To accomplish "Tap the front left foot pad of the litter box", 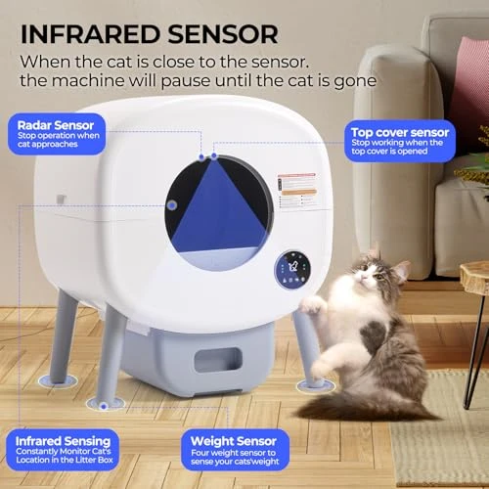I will (105, 402).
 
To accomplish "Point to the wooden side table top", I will (475, 277).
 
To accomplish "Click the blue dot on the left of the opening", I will (172, 205).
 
